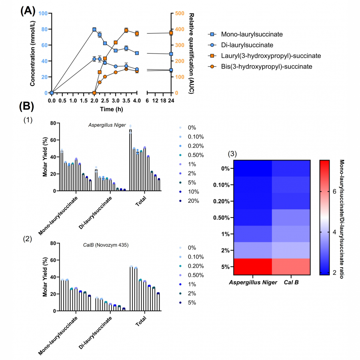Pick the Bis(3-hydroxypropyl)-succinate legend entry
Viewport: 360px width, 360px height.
coord(262,66)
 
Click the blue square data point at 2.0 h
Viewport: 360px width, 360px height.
coord(94,29)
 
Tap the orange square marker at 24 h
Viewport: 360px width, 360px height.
coord(171,33)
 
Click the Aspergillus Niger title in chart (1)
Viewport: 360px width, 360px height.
coord(107,126)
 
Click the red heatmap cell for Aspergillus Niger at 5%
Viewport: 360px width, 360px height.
coord(252,266)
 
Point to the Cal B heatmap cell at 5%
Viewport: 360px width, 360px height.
coord(291,266)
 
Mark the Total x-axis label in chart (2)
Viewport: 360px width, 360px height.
coord(141,320)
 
